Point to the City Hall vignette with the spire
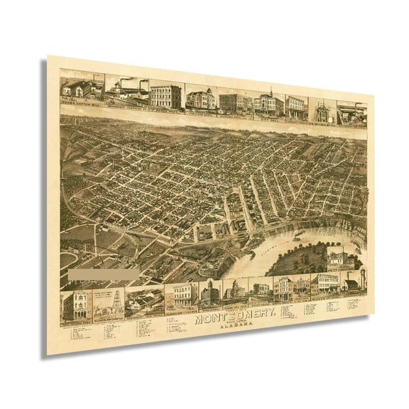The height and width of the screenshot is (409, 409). [269, 104]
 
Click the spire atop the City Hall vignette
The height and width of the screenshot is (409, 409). [271, 91]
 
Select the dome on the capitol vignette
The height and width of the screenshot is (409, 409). [235, 281]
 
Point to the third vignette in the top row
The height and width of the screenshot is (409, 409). [165, 95]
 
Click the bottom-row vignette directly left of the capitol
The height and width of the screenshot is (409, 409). [212, 292]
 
